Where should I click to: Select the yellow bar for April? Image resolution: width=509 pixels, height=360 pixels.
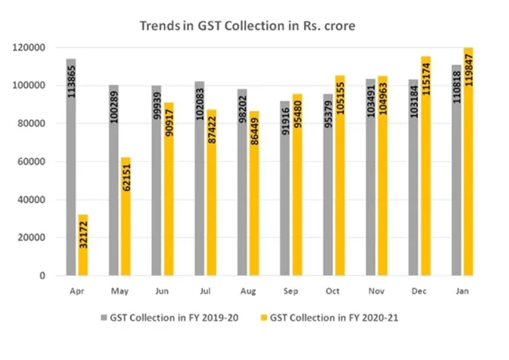83,244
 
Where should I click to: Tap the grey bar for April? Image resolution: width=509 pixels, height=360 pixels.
71,167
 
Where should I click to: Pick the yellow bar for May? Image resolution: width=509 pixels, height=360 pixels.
125,216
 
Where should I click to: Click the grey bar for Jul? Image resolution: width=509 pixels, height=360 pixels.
199,177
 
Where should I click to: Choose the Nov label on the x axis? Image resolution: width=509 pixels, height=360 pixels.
376,292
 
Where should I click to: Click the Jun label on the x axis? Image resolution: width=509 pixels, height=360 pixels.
163,292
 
